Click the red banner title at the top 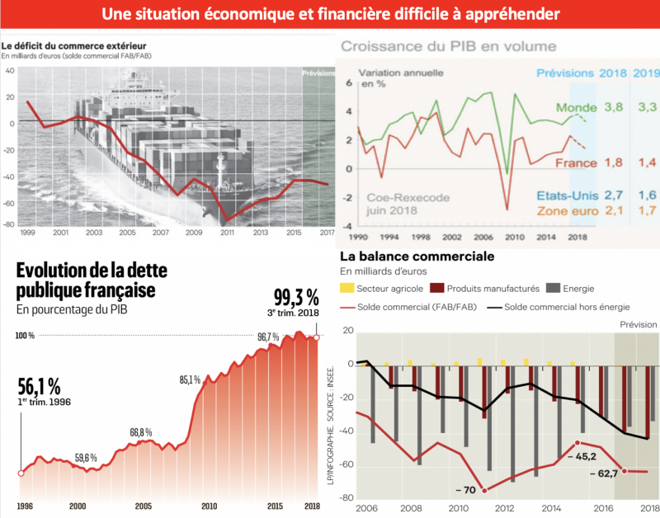[x=330, y=14]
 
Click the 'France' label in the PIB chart [x=575, y=163]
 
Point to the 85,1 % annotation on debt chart [x=191, y=380]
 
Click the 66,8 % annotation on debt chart [x=141, y=432]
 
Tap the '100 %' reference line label [x=26, y=336]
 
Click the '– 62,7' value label [x=607, y=474]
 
